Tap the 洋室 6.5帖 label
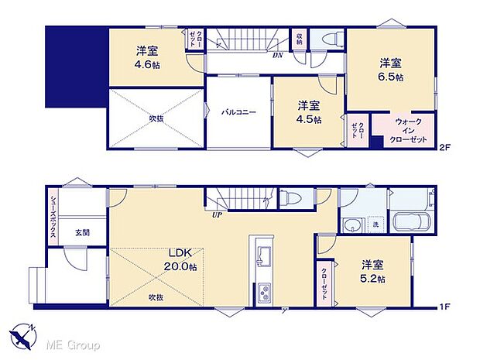coord(390,69)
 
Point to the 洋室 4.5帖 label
coord(309,112)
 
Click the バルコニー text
coord(238,111)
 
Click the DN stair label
coord(277,55)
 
